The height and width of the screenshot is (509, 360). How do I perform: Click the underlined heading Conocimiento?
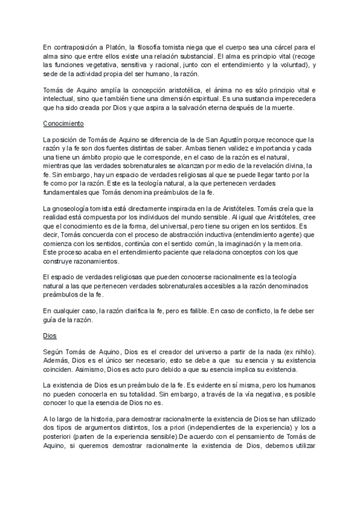click(x=64, y=124)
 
